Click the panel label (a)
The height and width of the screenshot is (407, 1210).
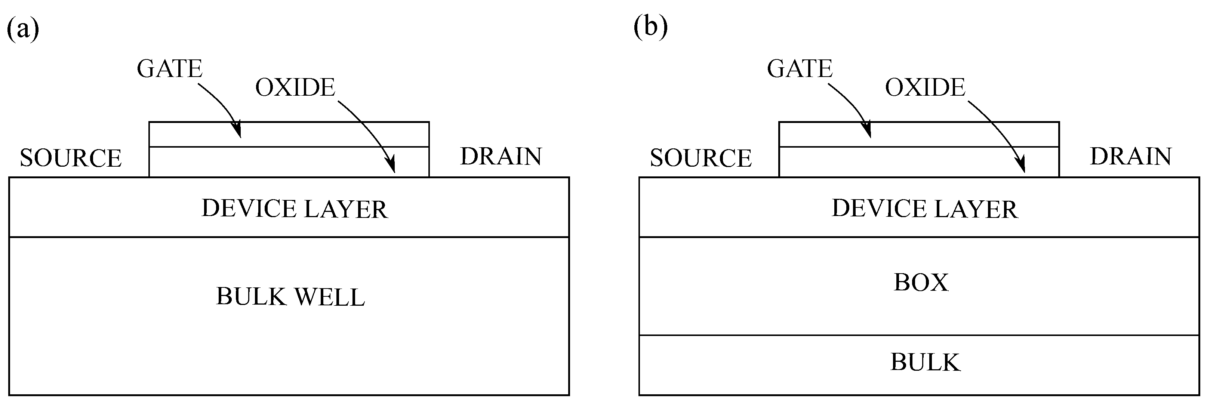click(22, 29)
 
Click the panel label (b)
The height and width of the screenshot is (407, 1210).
click(650, 27)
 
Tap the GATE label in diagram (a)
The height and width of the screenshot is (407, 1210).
click(170, 69)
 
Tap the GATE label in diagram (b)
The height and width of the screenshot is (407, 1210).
click(800, 69)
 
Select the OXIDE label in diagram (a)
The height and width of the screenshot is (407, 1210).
click(295, 88)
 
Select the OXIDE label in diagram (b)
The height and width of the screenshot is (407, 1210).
click(925, 88)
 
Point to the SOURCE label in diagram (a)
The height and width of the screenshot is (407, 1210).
click(70, 158)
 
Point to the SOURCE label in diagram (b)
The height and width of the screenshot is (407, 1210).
click(701, 158)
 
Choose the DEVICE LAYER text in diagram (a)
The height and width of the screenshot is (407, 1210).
click(295, 209)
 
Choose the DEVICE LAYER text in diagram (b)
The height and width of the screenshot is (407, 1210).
click(924, 209)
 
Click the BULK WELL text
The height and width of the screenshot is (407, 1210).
click(290, 297)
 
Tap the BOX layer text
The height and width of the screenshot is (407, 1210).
click(921, 283)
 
